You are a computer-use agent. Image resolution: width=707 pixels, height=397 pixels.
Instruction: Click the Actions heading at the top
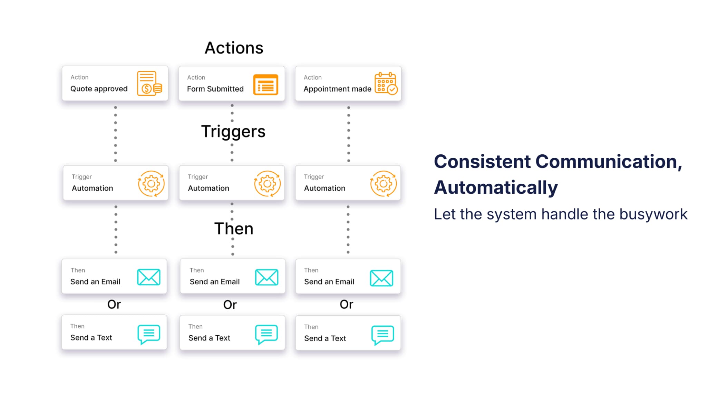tap(234, 48)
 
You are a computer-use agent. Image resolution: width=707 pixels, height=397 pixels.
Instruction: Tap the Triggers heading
tap(233, 132)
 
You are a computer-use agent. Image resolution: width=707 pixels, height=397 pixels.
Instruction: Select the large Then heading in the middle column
tap(234, 228)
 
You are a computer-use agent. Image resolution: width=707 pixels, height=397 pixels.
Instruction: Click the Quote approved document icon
tap(149, 83)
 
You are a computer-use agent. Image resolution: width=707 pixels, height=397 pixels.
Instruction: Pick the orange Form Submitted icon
tap(265, 84)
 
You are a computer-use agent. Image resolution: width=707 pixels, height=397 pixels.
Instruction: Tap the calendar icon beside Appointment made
tap(386, 83)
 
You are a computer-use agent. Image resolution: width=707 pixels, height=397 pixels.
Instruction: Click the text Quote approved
tap(99, 89)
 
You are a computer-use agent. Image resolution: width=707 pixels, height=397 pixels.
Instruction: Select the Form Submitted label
tap(215, 89)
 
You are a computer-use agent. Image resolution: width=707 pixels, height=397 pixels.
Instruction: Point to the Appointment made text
tap(337, 89)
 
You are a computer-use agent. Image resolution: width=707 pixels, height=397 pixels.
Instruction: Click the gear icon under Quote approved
tap(151, 184)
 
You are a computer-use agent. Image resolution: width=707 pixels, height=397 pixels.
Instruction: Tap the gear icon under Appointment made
tap(383, 184)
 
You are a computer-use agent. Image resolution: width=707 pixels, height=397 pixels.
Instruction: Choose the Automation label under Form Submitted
tap(208, 188)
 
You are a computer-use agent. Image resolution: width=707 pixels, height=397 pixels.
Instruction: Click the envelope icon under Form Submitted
tap(267, 277)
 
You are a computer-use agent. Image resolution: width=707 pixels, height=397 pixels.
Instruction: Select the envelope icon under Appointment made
tap(381, 278)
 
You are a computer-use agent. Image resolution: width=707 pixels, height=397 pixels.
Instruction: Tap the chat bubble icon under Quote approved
tap(149, 334)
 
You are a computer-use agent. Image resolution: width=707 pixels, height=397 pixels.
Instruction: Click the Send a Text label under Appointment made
tap(325, 338)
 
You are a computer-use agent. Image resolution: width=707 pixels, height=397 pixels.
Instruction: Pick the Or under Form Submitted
tap(230, 305)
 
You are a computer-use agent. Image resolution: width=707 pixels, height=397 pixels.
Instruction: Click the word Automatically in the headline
tap(495, 187)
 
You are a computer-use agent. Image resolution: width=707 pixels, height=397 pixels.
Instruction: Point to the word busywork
tap(653, 214)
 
